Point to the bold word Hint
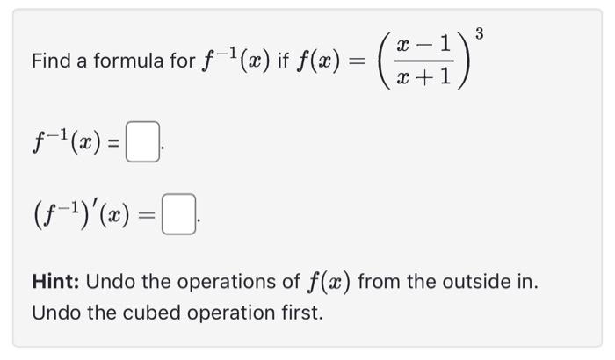(55, 283)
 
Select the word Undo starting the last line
(52, 312)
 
